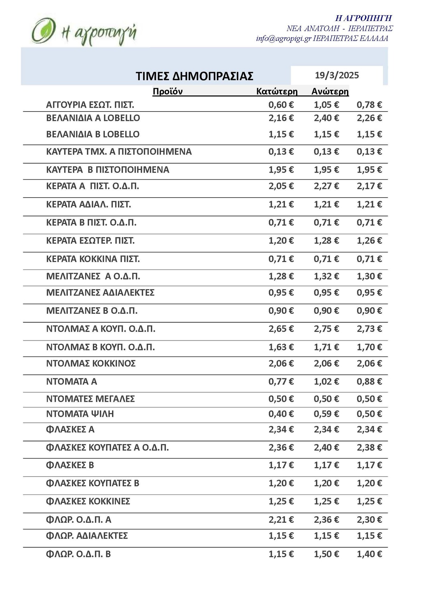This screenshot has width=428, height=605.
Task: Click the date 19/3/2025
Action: click(337, 76)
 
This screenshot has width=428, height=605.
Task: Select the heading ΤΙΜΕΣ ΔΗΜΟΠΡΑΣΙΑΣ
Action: click(194, 76)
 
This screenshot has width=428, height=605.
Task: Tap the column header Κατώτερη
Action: click(277, 92)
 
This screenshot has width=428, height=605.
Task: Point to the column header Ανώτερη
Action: click(330, 92)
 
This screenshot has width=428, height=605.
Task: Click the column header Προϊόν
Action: click(168, 92)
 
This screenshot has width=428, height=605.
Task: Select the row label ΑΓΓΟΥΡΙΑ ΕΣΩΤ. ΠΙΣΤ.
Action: click(90, 105)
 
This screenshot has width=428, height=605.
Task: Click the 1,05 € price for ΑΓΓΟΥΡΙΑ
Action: click(326, 105)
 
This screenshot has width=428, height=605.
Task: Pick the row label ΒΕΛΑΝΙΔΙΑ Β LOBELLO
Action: click(93, 134)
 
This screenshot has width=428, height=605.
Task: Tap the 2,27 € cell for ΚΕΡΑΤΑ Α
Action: click(326, 186)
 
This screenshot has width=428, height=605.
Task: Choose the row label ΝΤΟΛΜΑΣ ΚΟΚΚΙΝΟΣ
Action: click(91, 364)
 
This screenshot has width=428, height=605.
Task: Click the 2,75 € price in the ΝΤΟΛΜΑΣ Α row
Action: click(326, 329)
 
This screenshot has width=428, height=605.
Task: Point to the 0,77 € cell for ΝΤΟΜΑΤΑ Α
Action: click(281, 382)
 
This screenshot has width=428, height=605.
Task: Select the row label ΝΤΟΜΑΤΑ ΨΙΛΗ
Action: click(80, 414)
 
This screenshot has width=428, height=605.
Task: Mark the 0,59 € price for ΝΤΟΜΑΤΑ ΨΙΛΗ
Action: click(326, 414)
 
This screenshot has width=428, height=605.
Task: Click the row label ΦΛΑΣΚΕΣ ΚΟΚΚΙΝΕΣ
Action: click(88, 502)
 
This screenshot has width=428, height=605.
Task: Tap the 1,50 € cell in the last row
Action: click(326, 554)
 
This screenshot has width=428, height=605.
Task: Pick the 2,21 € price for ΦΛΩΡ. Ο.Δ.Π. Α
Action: click(281, 520)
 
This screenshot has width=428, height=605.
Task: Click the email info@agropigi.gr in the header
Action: click(284, 39)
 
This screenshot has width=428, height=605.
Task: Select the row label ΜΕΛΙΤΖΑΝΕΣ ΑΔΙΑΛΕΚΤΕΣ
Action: click(100, 293)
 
